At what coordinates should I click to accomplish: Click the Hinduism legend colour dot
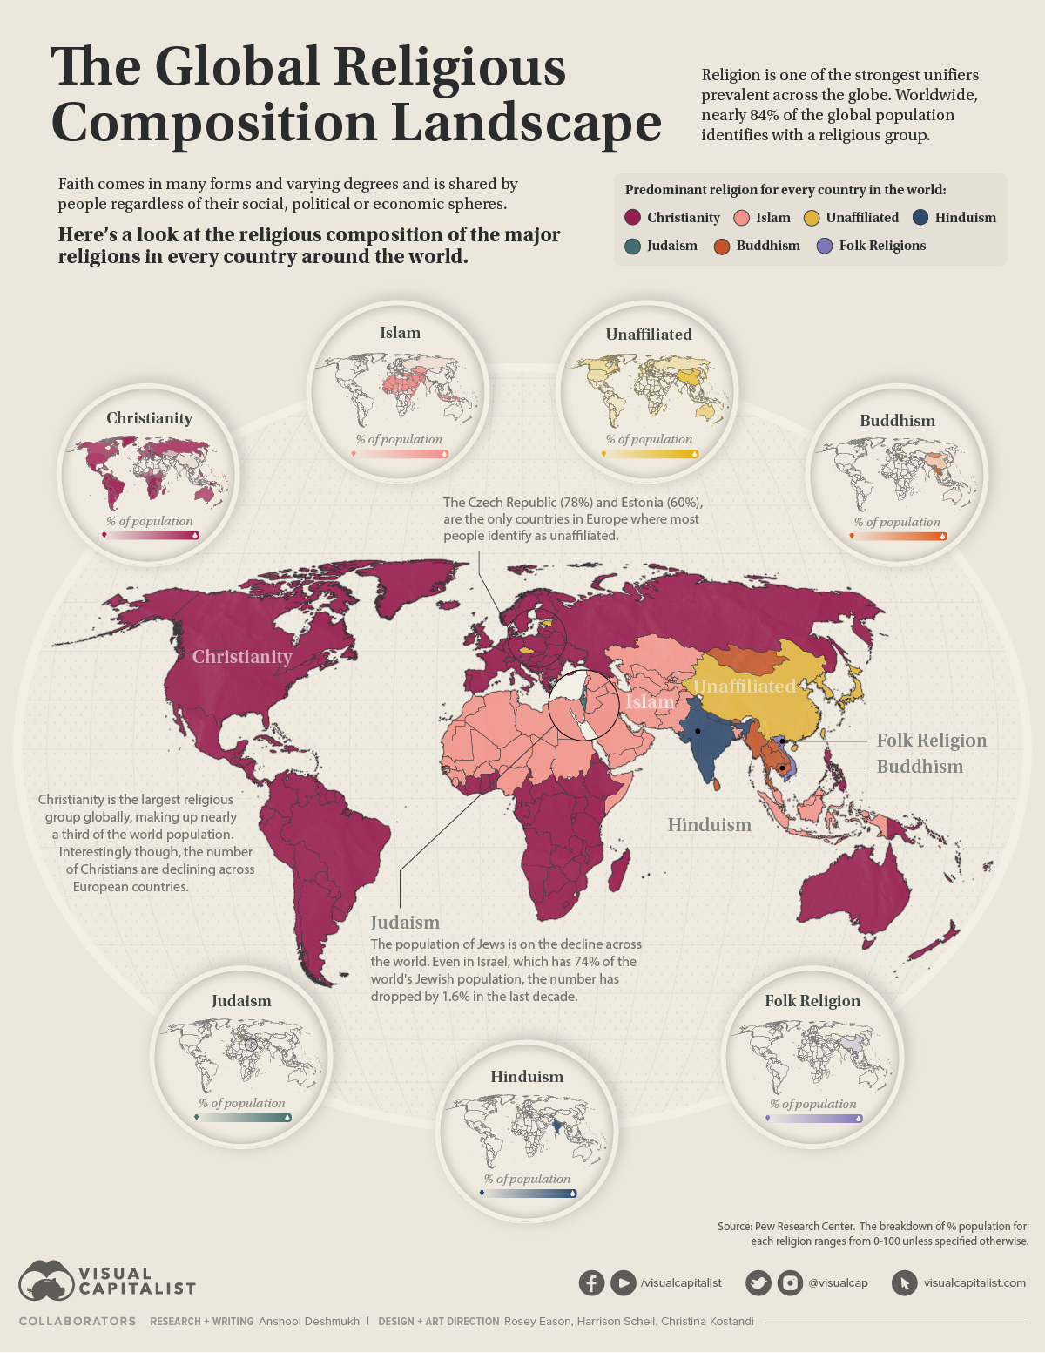tap(922, 218)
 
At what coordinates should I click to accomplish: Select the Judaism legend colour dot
tap(633, 246)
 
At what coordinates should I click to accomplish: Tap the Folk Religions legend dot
tap(826, 246)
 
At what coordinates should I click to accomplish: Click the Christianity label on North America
tap(241, 657)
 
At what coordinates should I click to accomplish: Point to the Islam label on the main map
tap(650, 702)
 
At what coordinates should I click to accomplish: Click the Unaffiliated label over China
tap(745, 687)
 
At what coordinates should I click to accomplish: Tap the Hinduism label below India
tap(709, 825)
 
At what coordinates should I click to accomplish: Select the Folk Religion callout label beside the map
tap(931, 741)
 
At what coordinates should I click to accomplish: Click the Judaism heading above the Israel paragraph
tap(405, 923)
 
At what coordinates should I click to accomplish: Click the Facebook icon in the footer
tap(591, 1282)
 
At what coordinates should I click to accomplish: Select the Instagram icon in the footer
tap(790, 1282)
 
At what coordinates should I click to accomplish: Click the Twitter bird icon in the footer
tap(758, 1282)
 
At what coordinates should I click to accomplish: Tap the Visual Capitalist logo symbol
tap(46, 1282)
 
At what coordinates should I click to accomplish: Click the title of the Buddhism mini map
tap(897, 421)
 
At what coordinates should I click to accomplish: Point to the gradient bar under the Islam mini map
tap(400, 454)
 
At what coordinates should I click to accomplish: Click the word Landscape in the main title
tap(526, 123)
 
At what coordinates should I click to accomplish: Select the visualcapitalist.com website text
tap(974, 1282)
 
